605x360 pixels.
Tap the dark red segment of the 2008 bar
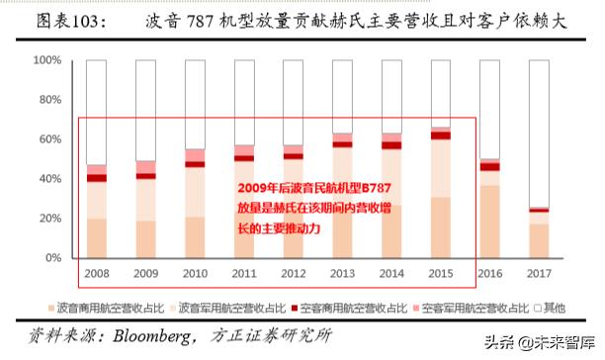coord(97,178)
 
